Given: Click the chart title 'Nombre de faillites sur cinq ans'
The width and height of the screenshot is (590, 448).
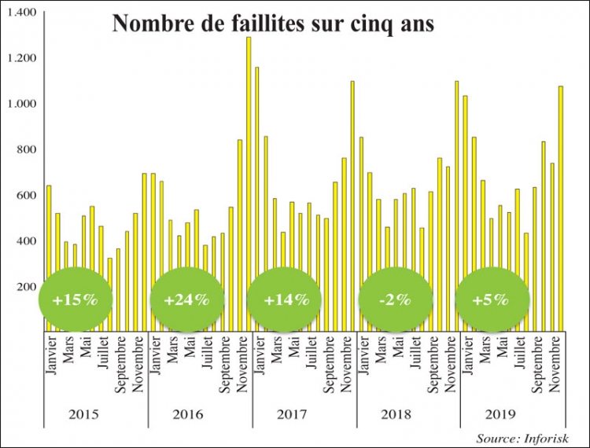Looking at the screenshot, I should pyautogui.click(x=273, y=24).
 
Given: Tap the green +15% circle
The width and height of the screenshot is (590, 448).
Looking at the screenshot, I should pyautogui.click(x=76, y=299).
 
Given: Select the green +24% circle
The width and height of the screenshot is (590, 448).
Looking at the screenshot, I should pyautogui.click(x=187, y=299).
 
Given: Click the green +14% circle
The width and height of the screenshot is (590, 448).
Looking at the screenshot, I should pyautogui.click(x=284, y=299).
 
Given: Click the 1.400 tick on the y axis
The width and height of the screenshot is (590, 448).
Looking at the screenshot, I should pyautogui.click(x=23, y=13).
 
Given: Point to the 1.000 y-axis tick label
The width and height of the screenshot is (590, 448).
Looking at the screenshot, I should pyautogui.click(x=23, y=104).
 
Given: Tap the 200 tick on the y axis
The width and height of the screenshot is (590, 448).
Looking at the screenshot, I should pyautogui.click(x=26, y=286).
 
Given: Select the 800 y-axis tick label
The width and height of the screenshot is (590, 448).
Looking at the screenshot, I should pyautogui.click(x=26, y=149).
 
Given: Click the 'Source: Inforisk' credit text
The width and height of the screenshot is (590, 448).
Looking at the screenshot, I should pyautogui.click(x=521, y=437).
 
